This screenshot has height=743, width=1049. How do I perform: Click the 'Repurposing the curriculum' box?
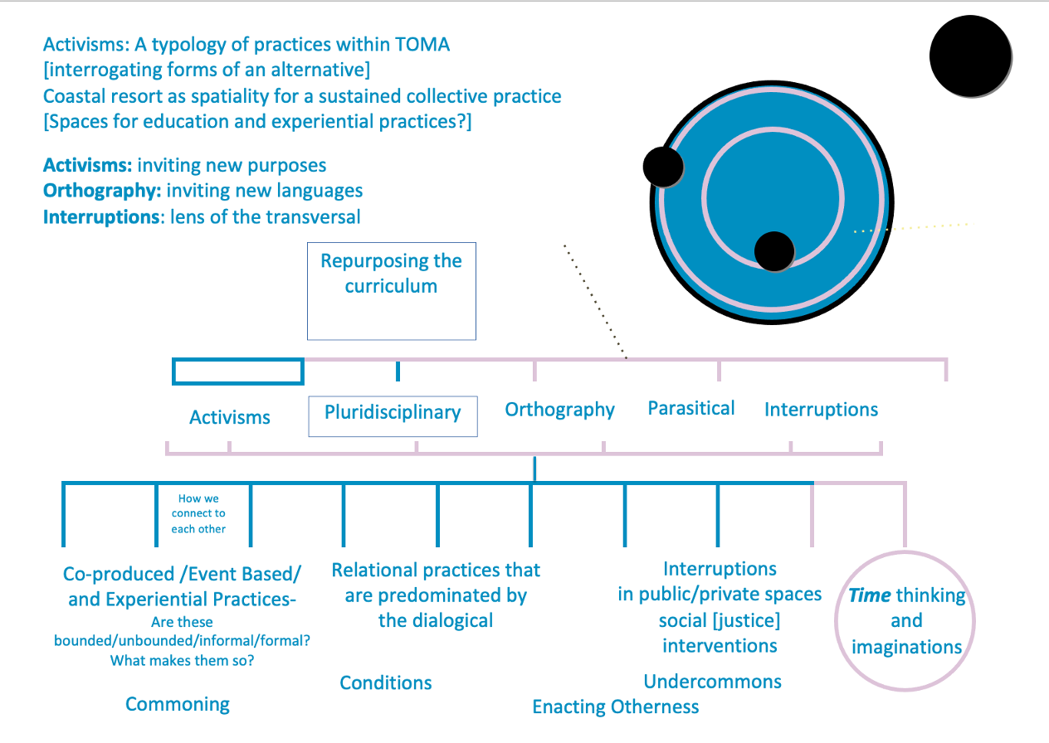click(x=391, y=290)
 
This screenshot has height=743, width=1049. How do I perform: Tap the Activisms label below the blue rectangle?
click(x=230, y=417)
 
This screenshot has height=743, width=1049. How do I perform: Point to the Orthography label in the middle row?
click(x=559, y=410)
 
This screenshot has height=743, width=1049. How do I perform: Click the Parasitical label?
click(x=691, y=408)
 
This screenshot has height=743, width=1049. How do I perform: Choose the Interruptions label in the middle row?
click(x=821, y=410)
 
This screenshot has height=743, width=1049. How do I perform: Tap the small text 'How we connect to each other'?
click(x=198, y=513)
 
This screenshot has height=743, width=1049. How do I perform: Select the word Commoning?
click(x=178, y=704)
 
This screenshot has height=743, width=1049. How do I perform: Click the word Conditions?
click(x=386, y=682)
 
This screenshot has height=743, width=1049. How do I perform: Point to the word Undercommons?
click(x=712, y=682)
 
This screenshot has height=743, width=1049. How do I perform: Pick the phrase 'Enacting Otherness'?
click(x=615, y=707)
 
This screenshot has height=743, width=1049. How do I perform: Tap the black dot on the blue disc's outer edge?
click(x=663, y=167)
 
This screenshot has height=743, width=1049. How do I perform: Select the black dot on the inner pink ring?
click(x=774, y=251)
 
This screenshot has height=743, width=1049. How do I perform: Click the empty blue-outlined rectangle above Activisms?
click(x=237, y=371)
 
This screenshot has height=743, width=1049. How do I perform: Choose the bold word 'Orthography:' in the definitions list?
click(x=102, y=191)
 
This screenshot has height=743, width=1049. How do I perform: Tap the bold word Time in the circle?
click(x=869, y=595)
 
